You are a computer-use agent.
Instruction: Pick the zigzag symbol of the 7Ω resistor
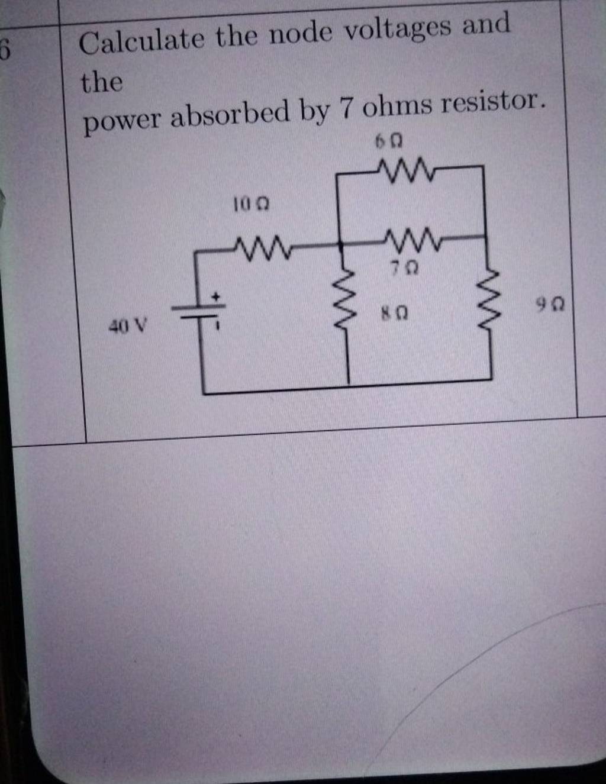click(414, 239)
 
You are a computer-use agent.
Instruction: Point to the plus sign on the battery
click(217, 294)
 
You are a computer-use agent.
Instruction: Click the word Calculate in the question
click(141, 41)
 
